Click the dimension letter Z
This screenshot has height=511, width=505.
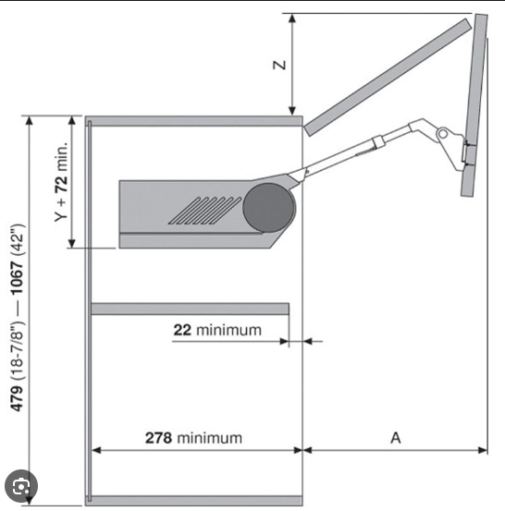tap(279, 66)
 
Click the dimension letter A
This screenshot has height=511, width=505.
tap(396, 438)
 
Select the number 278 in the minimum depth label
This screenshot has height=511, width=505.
tap(158, 438)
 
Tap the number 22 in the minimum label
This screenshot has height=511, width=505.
tap(182, 330)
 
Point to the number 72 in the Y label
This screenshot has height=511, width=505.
tap(61, 184)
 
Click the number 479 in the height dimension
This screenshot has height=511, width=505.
tap(17, 398)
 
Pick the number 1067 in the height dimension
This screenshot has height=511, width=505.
tap(17, 277)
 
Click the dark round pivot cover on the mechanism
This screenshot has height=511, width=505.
tap(268, 208)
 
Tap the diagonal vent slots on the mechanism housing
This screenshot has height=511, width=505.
tap(205, 211)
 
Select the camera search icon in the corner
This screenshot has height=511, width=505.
tap(21, 486)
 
